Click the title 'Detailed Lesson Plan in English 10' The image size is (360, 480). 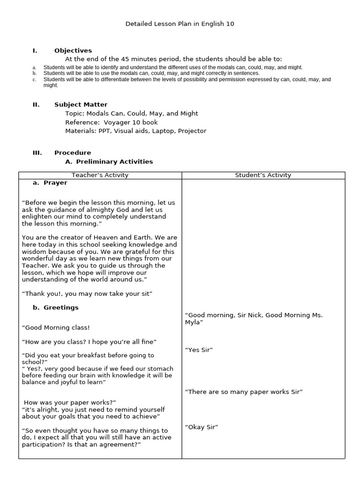pos(180,23)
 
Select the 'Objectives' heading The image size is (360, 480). pos(73,51)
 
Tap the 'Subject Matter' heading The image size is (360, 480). pos(81,105)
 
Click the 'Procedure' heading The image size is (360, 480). pos(73,153)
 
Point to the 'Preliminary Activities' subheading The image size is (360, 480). pos(114,162)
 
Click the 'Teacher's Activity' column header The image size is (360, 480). pos(100,175)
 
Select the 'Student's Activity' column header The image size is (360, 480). pos(263,175)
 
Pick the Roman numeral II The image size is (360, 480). pos(36,105)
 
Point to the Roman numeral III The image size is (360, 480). pos(37,153)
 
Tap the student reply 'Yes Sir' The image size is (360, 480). pos(199,350)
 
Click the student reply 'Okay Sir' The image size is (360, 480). pos(202,427)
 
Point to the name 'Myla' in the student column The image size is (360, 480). pos(194,322)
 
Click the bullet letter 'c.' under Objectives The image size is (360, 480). pos(35,80)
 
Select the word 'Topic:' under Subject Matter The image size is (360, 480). pos(75,113)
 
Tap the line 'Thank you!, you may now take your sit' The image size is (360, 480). pos(87,294)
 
